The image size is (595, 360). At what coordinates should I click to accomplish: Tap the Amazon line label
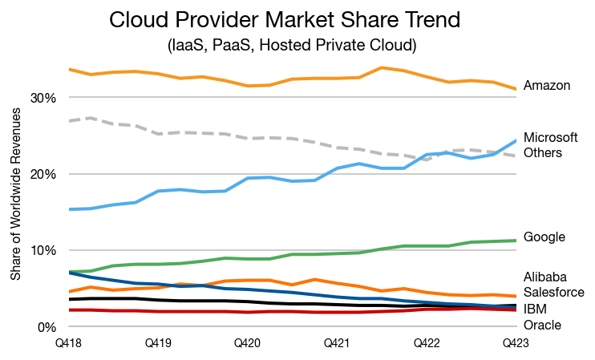[546, 85]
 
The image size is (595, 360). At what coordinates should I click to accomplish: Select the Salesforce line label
[553, 292]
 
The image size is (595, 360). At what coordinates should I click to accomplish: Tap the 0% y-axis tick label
[44, 327]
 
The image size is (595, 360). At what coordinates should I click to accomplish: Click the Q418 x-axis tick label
[69, 342]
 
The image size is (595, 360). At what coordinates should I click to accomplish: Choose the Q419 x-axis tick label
[159, 342]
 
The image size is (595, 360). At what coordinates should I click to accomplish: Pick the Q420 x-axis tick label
[248, 342]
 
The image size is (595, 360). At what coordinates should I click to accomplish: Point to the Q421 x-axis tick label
[337, 342]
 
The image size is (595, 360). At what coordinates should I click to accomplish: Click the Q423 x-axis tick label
[514, 342]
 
